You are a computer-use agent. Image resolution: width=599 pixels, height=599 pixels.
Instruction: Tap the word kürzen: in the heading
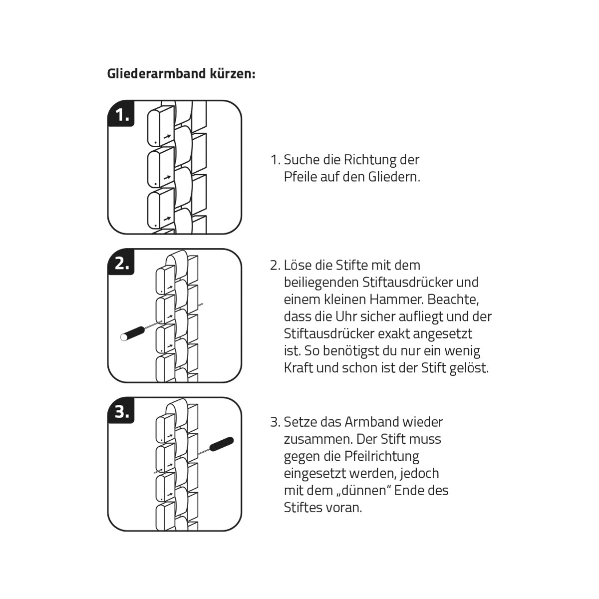pyautogui.click(x=234, y=74)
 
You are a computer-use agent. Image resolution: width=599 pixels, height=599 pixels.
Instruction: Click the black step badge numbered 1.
pyautogui.click(x=121, y=115)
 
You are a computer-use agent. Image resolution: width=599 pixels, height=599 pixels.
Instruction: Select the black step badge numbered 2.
pyautogui.click(x=121, y=263)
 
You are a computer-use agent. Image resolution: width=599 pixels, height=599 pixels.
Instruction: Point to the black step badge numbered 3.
pyautogui.click(x=121, y=412)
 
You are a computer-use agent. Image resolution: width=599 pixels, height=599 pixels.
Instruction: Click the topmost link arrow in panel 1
pyautogui.click(x=167, y=136)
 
